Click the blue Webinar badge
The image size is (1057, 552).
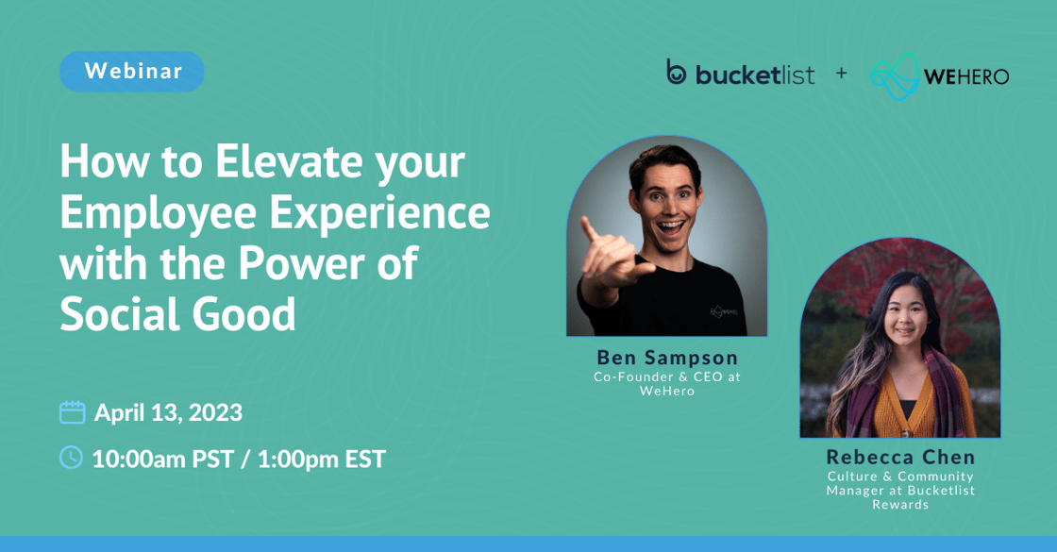(132, 72)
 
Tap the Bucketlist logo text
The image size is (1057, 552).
(754, 75)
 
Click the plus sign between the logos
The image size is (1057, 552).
(841, 73)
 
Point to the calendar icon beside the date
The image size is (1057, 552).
(73, 412)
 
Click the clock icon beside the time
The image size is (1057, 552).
(72, 458)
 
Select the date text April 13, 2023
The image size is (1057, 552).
(168, 412)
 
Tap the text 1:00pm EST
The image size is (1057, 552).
(322, 459)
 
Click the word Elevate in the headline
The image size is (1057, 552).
(289, 162)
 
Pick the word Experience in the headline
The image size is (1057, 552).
(380, 213)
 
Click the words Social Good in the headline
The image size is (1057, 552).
(177, 315)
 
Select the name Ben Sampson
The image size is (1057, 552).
(667, 358)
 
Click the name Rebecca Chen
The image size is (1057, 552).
(900, 458)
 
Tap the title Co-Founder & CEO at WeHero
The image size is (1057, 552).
(667, 383)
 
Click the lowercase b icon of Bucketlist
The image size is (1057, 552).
(677, 73)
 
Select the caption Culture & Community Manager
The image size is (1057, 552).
(900, 483)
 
